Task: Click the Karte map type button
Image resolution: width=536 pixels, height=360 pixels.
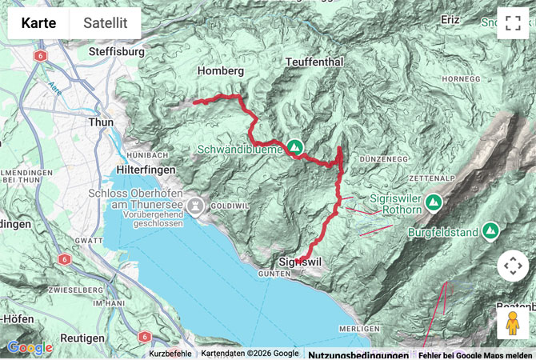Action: [38, 23]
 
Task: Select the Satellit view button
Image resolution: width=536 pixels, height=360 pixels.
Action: [105, 23]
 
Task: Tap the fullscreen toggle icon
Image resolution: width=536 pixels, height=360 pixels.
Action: [512, 23]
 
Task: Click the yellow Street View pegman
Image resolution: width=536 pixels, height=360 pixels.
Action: [512, 323]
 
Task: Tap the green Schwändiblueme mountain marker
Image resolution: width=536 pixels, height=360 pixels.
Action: [295, 147]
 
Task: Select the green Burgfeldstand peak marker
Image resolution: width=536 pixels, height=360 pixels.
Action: [491, 232]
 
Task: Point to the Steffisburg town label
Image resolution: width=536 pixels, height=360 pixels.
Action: [116, 52]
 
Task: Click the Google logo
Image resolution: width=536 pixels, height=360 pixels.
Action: [30, 347]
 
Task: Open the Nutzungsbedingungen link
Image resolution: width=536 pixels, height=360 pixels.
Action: [358, 354]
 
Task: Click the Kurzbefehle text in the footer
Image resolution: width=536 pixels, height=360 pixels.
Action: [170, 354]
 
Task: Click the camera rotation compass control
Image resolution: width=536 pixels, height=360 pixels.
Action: [512, 266]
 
